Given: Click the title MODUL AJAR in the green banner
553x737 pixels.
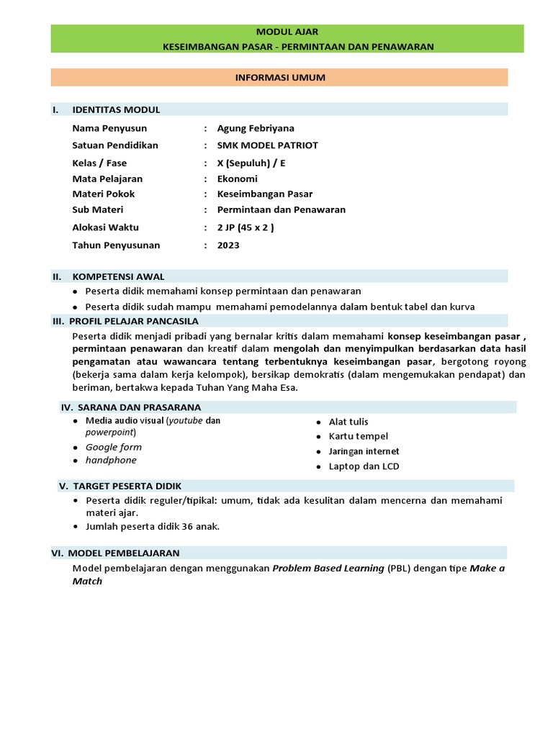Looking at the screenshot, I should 287,32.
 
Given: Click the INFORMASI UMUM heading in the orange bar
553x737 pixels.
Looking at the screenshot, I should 281,77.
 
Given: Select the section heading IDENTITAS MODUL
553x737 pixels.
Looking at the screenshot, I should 116,109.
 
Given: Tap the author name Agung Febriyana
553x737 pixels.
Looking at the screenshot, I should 256,128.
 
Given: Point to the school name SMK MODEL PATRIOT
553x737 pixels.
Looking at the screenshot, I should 267,145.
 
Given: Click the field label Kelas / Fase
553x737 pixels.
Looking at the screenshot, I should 99,163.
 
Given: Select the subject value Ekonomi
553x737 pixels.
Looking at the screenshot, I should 237,178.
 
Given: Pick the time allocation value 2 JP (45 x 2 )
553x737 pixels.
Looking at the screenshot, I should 246,227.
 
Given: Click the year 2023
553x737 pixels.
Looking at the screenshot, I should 228,245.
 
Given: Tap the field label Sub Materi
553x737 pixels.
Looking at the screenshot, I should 98,209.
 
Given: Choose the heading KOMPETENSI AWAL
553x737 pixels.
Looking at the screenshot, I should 118,276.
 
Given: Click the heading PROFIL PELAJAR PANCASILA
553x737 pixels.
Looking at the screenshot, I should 133,321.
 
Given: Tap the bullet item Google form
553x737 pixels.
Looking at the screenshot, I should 114,447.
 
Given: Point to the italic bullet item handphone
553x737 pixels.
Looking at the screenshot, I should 111,460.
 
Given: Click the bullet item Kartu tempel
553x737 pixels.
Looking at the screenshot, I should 358,436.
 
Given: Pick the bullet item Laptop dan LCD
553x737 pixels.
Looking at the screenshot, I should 364,466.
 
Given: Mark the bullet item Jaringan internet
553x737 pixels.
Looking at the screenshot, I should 364,451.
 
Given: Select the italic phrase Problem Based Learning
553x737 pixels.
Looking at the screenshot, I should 328,568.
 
